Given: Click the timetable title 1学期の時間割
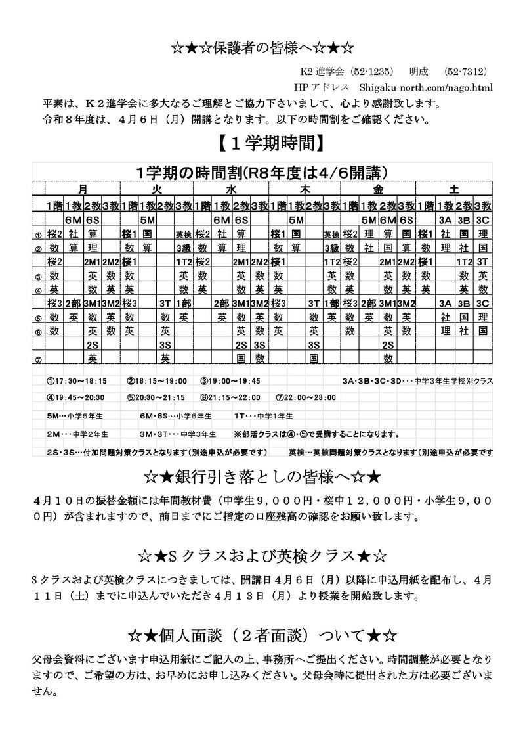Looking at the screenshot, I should (x=263, y=172).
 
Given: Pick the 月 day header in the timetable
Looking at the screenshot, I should (x=83, y=189).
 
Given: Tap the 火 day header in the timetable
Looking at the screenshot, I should (x=157, y=189).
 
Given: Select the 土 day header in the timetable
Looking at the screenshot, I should (x=454, y=189).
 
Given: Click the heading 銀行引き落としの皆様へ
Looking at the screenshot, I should (x=262, y=476).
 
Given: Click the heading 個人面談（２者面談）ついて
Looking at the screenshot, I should (x=262, y=636).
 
